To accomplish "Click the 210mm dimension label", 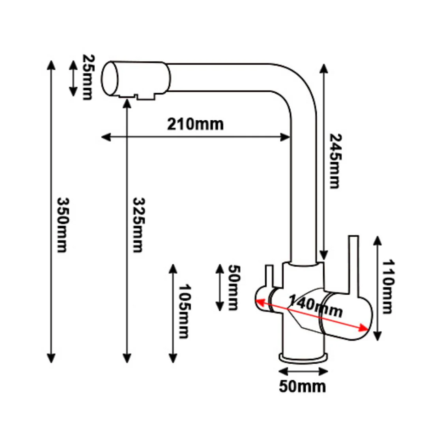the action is coord(195,124).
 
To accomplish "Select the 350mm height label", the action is coord(63,225).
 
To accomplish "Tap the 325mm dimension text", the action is coord(138,225).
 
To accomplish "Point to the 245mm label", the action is coord(335,161).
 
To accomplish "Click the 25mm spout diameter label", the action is coord(88,77).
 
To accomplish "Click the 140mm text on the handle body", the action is coord(315,306).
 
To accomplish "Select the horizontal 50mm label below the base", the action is coord(303,386).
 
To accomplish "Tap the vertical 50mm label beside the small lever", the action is coord(234,288).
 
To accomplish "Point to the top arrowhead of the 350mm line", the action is coord(51,65).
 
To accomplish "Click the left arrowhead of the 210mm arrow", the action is coord(106,137).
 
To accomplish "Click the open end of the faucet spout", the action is coord(110,78).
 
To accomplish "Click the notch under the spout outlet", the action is coord(136,96).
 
